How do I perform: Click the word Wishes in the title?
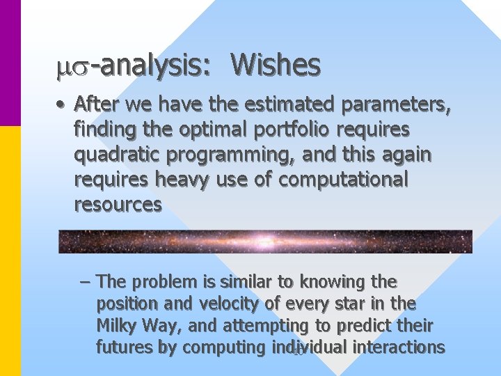pos(276,65)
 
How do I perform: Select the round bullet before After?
pos(62,105)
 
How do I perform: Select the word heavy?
pos(182,180)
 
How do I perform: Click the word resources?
pos(118,204)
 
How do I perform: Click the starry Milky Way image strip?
pos(264,241)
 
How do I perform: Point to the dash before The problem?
pos(85,282)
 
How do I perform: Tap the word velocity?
pos(232,304)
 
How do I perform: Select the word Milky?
pos(118,325)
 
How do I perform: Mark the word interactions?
pos(399,347)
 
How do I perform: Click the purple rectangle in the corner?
pos(10,63)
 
